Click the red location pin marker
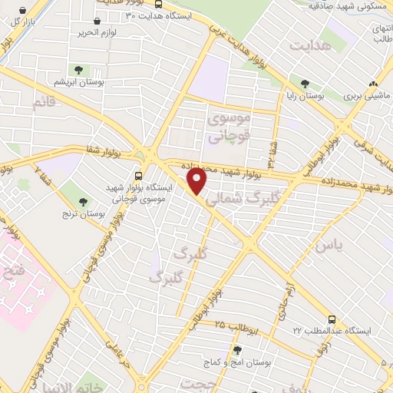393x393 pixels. [x=197, y=183]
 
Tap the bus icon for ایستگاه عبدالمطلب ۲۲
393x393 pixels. [x=332, y=317]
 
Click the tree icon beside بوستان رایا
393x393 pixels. [x=305, y=84]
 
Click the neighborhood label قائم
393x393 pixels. [x=46, y=100]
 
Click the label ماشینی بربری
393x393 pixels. [x=362, y=97]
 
